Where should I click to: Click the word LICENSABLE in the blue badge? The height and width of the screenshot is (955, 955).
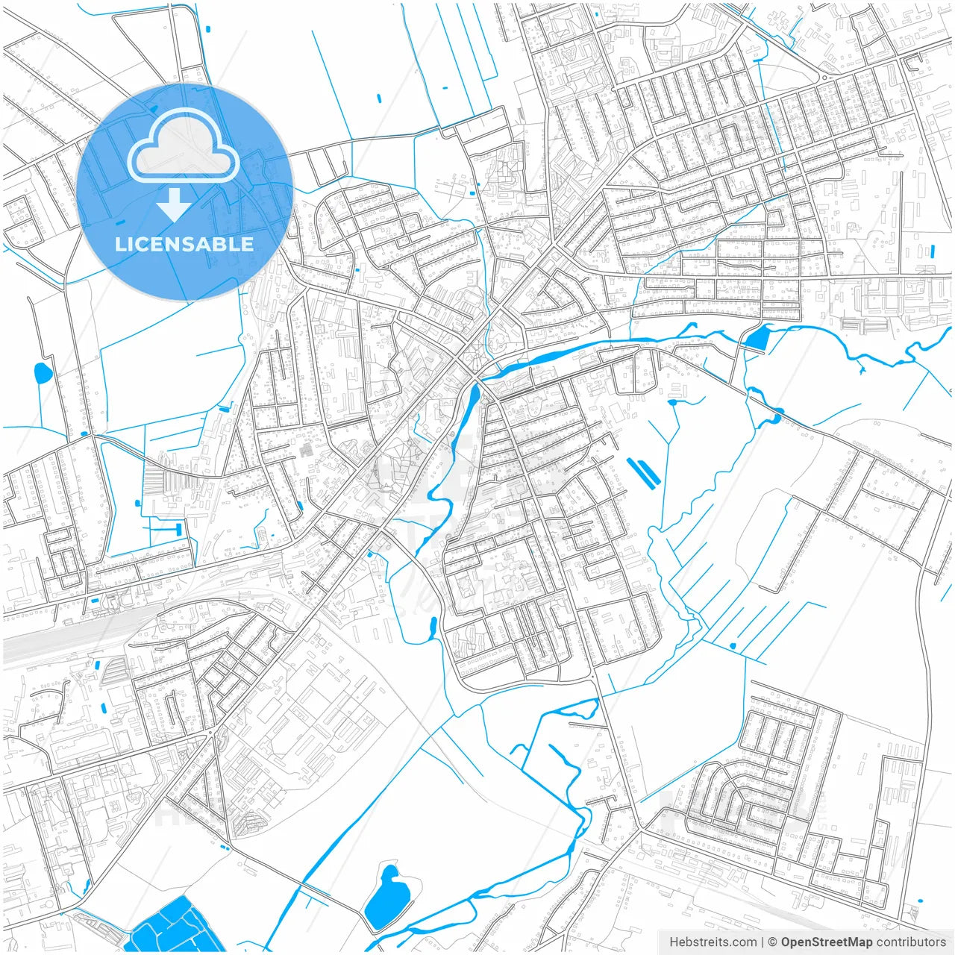pos(184,244)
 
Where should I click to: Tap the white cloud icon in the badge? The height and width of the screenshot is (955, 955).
pos(184,146)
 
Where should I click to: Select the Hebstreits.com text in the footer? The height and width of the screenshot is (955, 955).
pos(713,942)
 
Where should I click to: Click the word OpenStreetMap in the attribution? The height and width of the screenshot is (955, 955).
pos(826,942)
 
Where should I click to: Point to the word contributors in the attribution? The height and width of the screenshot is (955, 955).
pos(911,942)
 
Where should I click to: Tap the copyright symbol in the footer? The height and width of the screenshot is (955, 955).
pos(773,942)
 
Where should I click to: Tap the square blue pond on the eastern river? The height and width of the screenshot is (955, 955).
pos(757,339)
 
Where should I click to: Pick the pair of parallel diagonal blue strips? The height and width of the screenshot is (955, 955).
pos(642,472)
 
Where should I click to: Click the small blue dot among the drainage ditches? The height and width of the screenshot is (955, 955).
pos(733,645)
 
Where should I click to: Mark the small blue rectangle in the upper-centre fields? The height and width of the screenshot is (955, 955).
pos(379,98)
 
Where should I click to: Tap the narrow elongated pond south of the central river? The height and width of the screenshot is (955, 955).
pos(433,628)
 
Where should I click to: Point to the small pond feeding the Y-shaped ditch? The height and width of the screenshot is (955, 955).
pos(672,403)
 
